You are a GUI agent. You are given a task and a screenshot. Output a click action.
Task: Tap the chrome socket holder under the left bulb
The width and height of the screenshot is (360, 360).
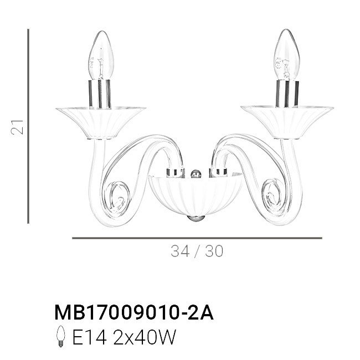pos(100,94)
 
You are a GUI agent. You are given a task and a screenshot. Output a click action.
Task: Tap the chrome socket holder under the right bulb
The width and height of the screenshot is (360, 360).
pos(287,94)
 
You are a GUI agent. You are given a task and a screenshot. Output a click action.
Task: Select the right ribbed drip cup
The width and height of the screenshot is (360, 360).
pos(287,122)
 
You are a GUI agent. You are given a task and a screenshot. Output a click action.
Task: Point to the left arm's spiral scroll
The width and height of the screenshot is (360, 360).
pos(117,198)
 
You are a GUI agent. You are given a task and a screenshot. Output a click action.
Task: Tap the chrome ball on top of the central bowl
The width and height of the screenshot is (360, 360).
pos(196,173)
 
